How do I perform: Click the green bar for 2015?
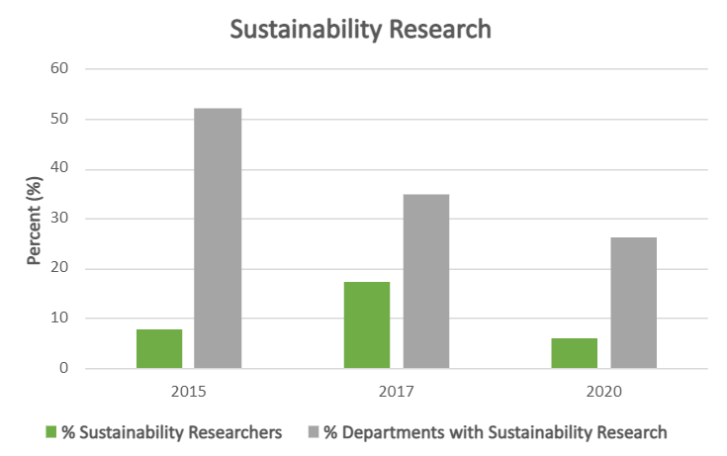(158, 349)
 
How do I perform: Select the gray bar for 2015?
(218, 238)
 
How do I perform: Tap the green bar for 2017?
(367, 325)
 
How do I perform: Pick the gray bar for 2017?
(426, 282)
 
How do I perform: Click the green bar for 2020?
(575, 353)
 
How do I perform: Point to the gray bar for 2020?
(634, 303)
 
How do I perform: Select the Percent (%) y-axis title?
(35, 219)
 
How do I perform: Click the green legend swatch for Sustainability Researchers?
(50, 432)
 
